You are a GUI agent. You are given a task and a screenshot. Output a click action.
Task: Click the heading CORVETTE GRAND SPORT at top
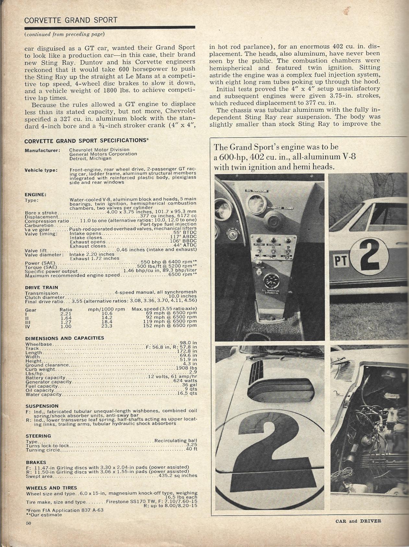click(x=71, y=20)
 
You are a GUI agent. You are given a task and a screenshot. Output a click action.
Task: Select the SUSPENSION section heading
click(x=42, y=406)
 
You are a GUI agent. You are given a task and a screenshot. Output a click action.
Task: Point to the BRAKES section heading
click(x=36, y=462)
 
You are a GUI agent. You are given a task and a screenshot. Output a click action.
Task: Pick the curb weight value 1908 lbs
click(x=186, y=368)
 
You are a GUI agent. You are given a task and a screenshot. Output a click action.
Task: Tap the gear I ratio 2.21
click(x=66, y=313)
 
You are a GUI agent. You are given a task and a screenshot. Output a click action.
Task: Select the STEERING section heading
click(x=38, y=436)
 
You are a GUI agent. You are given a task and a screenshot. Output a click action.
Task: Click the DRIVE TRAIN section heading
click(x=42, y=287)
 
